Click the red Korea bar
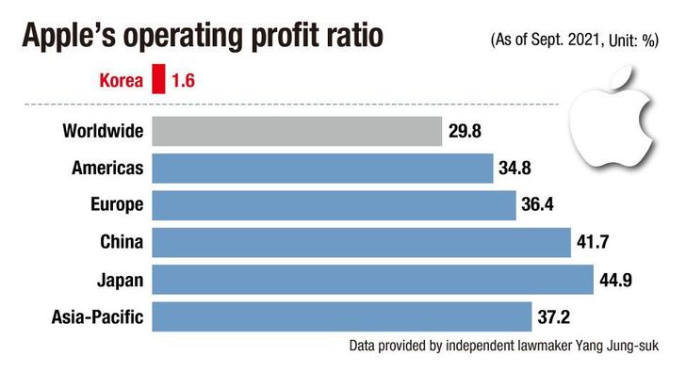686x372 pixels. point(158,79)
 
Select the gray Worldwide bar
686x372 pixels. point(297,131)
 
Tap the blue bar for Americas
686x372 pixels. point(322,169)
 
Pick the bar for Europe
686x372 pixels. point(334,205)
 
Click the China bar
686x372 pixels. point(362,242)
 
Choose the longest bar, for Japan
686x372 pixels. point(373,280)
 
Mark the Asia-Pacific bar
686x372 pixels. point(342,316)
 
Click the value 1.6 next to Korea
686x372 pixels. point(183,80)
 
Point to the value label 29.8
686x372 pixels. point(465,131)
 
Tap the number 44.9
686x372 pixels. point(615,280)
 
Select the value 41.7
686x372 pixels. point(593,242)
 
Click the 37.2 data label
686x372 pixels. point(553,317)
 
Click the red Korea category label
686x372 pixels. point(122,80)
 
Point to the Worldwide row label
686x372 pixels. point(103,131)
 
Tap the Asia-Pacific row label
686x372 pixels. point(97,317)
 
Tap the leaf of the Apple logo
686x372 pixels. point(622,78)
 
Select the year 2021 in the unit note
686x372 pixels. point(583,40)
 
